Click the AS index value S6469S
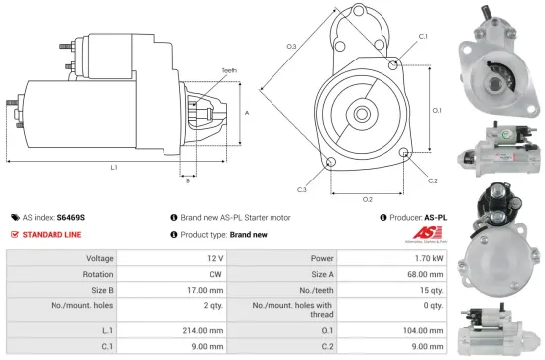pos(71,216)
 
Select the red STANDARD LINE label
pos(54,235)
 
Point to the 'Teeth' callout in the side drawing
pos(230,71)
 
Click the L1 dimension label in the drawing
pos(115,168)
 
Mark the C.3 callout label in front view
pos(302,189)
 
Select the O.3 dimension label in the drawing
pos(292,47)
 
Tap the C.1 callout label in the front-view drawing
pos(423,36)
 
